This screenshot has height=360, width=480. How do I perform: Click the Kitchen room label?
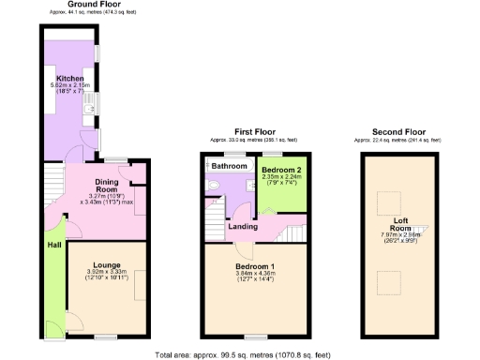click(x=70, y=78)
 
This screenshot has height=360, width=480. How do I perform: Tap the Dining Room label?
click(x=112, y=184)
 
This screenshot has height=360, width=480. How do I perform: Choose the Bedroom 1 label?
click(x=252, y=265)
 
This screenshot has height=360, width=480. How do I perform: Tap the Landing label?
click(x=244, y=225)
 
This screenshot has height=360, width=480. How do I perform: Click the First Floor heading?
click(x=254, y=132)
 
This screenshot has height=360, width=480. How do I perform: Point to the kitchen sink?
click(x=90, y=112)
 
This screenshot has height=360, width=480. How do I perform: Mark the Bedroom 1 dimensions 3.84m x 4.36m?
click(x=252, y=273)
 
